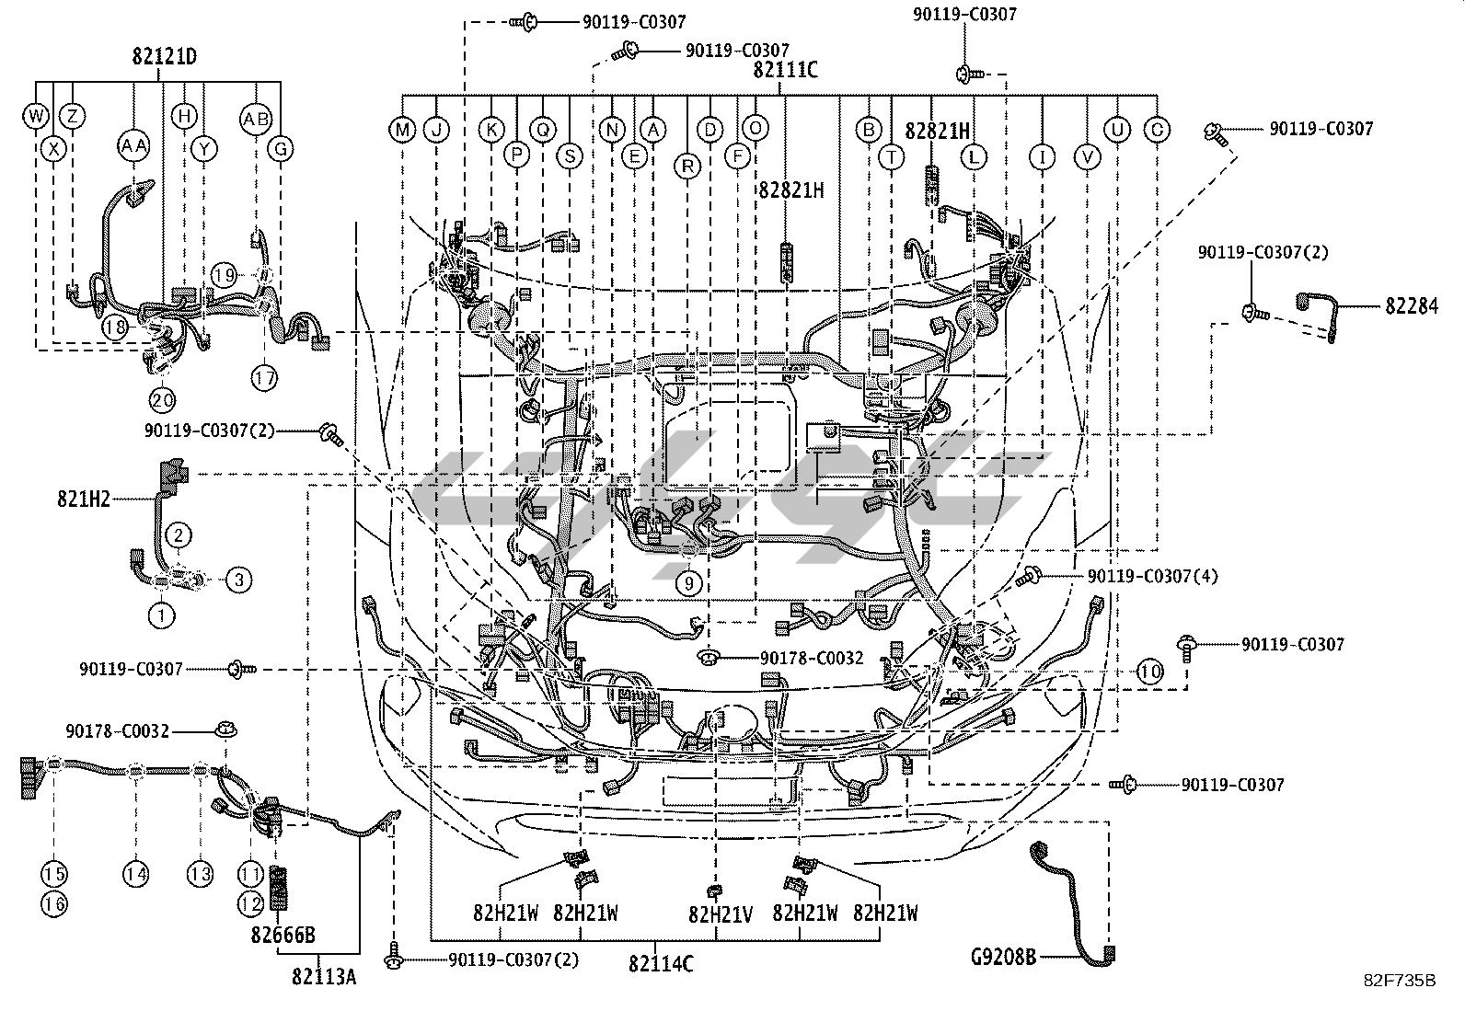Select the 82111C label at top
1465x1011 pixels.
[785, 71]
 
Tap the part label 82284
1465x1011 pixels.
[1411, 305]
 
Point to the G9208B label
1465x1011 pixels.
[1004, 958]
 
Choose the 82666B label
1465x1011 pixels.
[283, 936]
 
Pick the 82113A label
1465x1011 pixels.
[325, 977]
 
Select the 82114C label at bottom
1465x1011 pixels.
[661, 965]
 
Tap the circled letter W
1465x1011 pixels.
[36, 116]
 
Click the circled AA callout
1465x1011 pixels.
[134, 144]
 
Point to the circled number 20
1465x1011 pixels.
[163, 400]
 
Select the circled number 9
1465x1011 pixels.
[689, 582]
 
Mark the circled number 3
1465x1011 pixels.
[238, 580]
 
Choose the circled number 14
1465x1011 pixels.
[136, 874]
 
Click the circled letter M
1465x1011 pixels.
[402, 130]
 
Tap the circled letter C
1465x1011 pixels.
[1157, 130]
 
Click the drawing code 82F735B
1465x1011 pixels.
[1400, 981]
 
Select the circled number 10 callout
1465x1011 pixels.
[1149, 672]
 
